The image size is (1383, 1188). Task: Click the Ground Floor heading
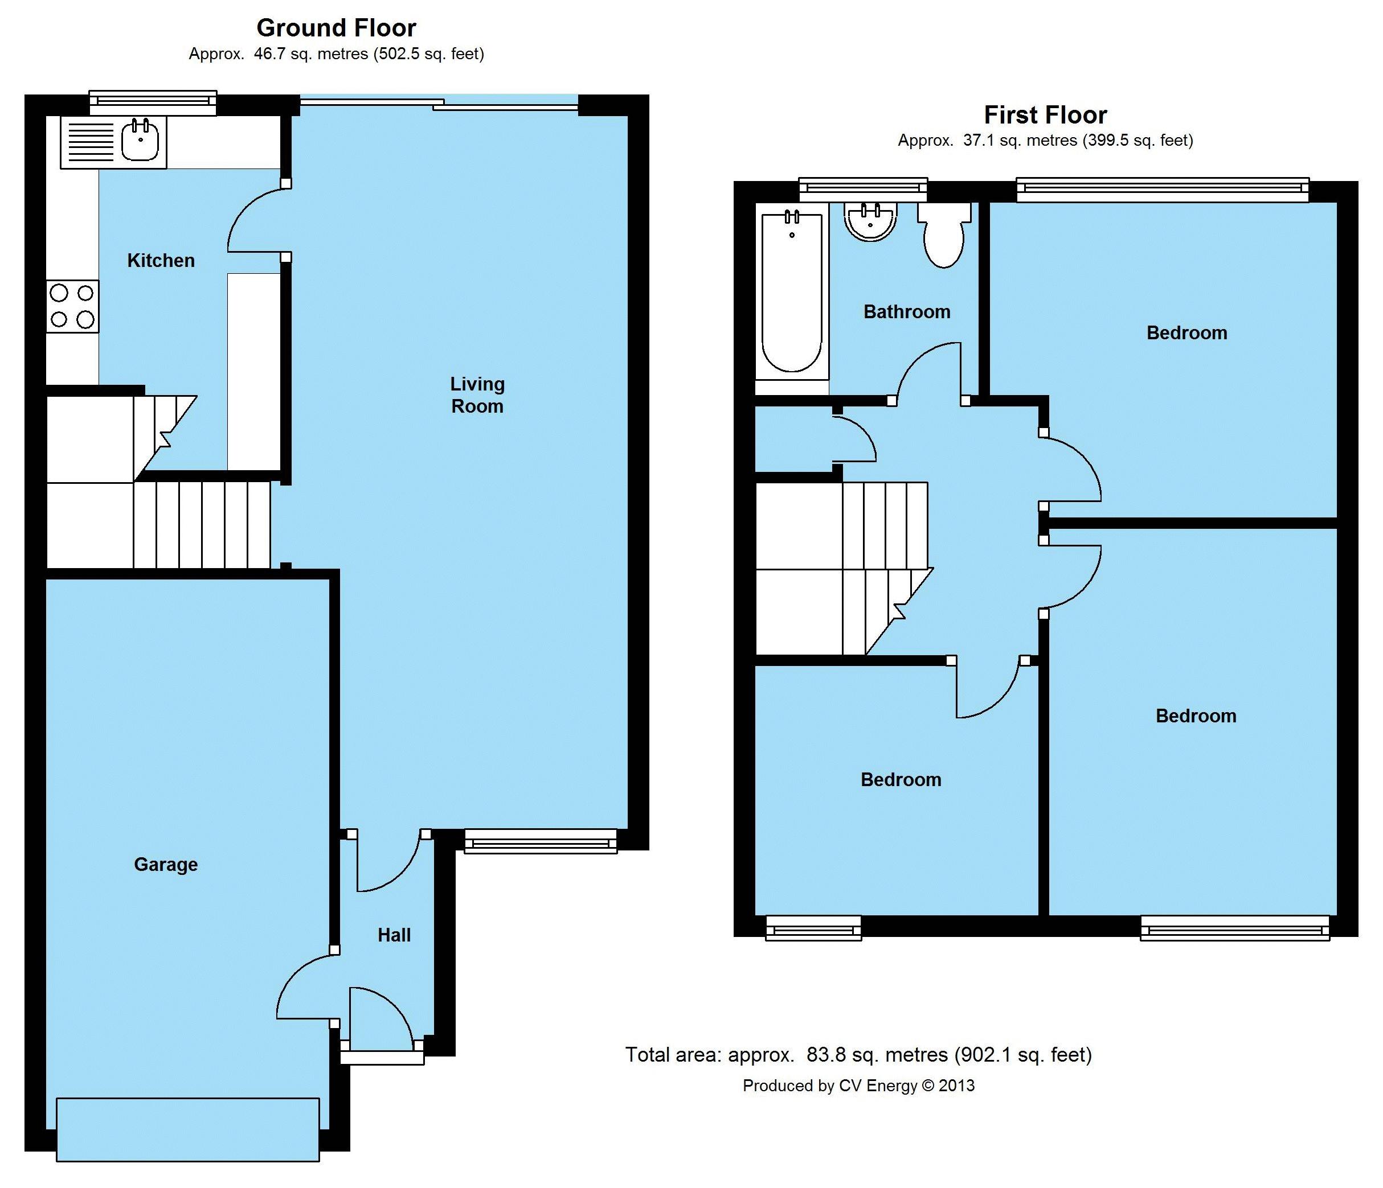337,28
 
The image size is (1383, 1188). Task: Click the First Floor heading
1045,115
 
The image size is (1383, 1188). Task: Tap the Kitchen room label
161,260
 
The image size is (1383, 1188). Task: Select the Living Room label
477,395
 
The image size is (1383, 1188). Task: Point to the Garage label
166,865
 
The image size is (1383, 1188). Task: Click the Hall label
394,935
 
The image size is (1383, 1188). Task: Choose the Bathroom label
907,311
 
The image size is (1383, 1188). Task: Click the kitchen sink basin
140,141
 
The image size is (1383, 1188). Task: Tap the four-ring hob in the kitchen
72,306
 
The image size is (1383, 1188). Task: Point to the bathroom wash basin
870,221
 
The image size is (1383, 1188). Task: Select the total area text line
858,1055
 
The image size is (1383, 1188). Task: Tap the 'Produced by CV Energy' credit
858,1086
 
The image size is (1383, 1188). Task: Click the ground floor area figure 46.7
269,54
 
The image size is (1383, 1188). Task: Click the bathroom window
863,190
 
